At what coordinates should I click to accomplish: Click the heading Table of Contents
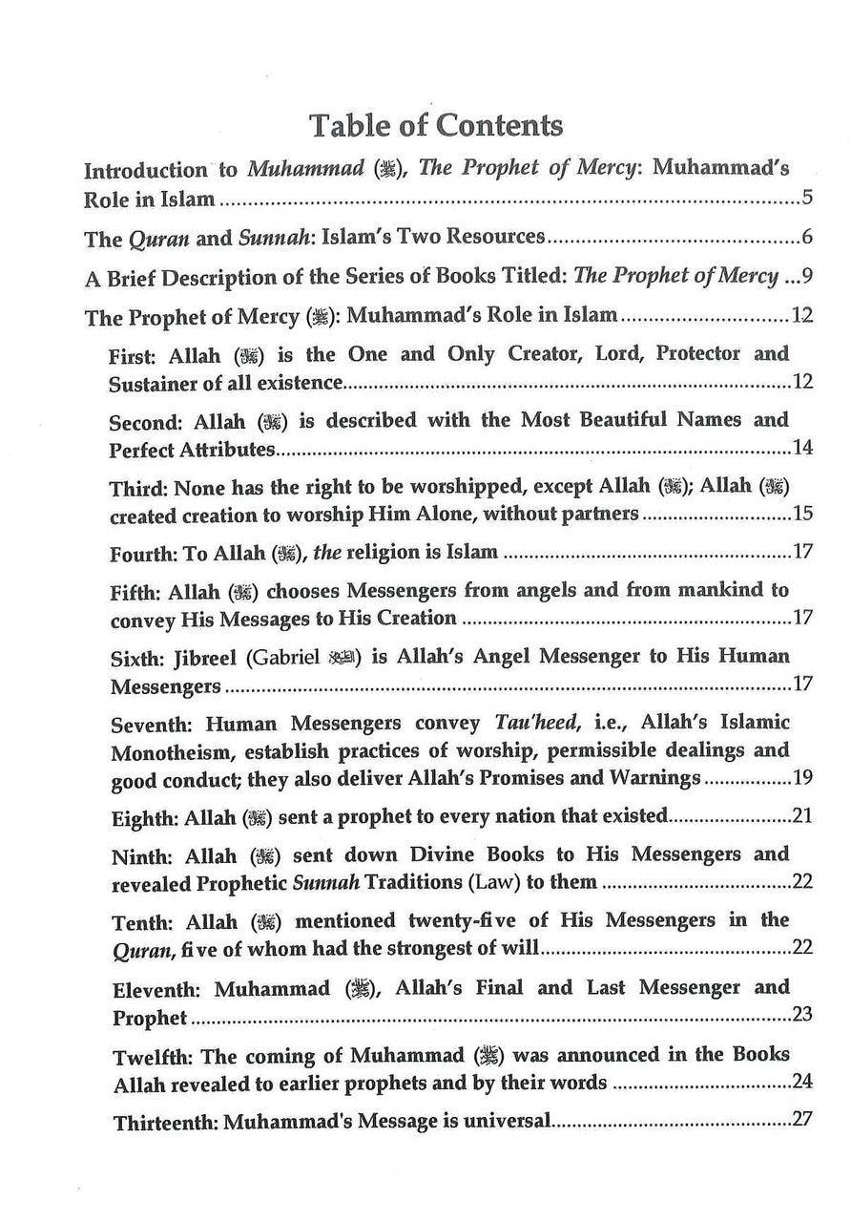coord(436,125)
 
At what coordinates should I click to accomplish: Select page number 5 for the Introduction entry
coord(806,200)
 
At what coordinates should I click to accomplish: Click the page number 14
coord(802,448)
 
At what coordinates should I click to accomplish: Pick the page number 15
coord(802,515)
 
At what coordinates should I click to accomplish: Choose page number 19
coord(802,777)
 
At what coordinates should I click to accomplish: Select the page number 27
coord(802,1120)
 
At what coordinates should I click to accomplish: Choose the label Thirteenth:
coord(165,1122)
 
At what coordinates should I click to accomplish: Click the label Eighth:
coord(144,817)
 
